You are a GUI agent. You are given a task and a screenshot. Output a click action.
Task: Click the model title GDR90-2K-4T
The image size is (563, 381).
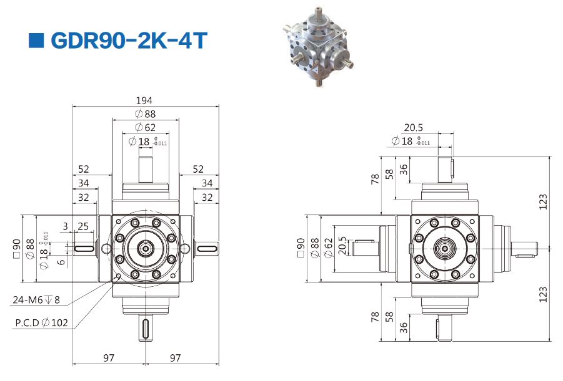pyautogui.click(x=129, y=40)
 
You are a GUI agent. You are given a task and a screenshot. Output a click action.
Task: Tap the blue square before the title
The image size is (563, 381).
pyautogui.click(x=36, y=41)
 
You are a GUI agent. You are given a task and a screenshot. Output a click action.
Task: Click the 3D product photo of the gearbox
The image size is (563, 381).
pyautogui.click(x=319, y=47)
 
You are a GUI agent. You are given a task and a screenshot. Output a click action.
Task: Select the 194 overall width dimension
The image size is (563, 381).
pyautogui.click(x=144, y=101)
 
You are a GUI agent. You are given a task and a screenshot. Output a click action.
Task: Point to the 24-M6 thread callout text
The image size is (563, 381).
pyautogui.click(x=36, y=300)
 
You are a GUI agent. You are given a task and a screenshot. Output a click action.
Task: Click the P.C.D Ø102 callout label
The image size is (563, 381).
pyautogui.click(x=41, y=322)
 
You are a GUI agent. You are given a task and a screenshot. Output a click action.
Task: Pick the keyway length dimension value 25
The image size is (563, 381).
pyautogui.click(x=83, y=226)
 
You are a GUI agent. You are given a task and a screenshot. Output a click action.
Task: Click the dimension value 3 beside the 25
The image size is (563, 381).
pyautogui.click(x=65, y=226)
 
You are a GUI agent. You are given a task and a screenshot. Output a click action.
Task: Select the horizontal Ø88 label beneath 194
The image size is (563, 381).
pyautogui.click(x=145, y=114)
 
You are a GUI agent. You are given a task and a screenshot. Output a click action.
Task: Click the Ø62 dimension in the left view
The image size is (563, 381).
pyautogui.click(x=145, y=127)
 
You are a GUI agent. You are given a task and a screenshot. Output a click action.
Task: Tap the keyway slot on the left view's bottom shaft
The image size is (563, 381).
pyautogui.click(x=146, y=328)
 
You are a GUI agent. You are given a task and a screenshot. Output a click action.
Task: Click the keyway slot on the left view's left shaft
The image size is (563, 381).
pyautogui.click(x=84, y=248)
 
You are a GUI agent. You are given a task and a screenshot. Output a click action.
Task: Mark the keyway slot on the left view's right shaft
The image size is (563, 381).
pyautogui.click(x=206, y=248)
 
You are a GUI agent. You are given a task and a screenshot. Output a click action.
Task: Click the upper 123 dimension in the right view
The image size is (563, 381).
pyautogui.click(x=543, y=202)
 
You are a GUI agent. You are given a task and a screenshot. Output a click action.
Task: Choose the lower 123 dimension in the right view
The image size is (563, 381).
pyautogui.click(x=543, y=294)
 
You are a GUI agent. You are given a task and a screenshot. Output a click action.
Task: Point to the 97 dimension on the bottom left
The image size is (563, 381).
pyautogui.click(x=109, y=358)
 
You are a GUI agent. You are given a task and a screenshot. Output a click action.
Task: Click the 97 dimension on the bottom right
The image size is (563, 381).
pyautogui.click(x=175, y=358)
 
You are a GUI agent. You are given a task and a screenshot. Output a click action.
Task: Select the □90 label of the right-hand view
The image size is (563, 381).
pyautogui.click(x=301, y=248)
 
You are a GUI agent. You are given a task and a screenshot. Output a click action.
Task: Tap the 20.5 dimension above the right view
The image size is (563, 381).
pyautogui.click(x=413, y=128)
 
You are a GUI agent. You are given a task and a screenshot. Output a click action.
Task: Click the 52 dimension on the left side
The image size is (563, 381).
pyautogui.click(x=83, y=169)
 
